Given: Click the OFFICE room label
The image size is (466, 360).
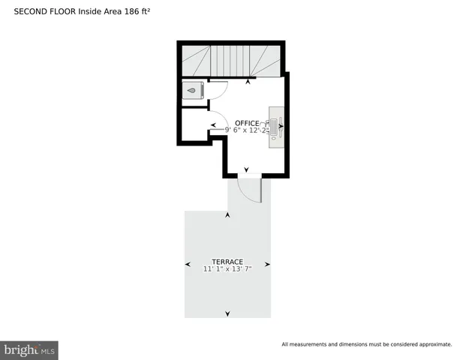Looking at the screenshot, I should point(246,123).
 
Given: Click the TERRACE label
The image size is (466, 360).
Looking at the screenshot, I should point(227,262).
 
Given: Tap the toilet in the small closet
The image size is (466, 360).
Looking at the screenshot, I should point(193,91).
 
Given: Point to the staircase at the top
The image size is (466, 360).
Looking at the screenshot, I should point(230,60).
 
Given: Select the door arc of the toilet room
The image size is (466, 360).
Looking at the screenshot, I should point(218,90).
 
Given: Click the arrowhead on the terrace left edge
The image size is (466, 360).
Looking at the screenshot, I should point(188,264).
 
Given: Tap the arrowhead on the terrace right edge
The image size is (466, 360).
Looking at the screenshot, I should point(267,264).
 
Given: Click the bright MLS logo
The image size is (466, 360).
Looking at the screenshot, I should point(30,349).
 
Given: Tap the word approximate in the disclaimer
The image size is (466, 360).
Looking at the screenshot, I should point(434,344).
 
